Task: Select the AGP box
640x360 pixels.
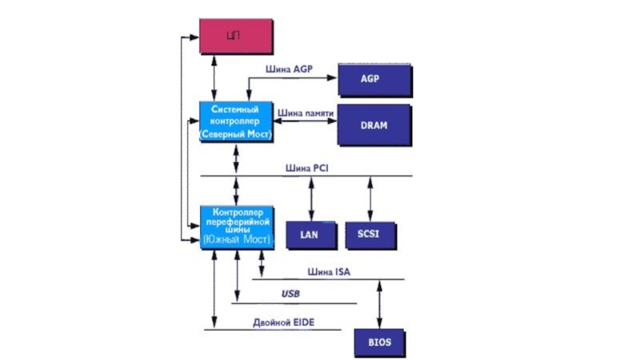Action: pos(375,80)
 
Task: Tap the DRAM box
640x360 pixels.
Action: pos(375,126)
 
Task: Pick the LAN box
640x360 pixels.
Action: pos(309,234)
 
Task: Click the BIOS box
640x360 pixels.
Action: pos(380,342)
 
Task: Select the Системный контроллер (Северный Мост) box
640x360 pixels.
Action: pos(236,122)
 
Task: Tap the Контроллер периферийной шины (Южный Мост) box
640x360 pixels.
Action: pos(236,226)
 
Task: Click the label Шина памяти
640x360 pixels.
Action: pos(306,114)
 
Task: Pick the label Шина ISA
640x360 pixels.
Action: pos(328,272)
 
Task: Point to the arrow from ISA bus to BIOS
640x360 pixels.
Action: pos(380,303)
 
